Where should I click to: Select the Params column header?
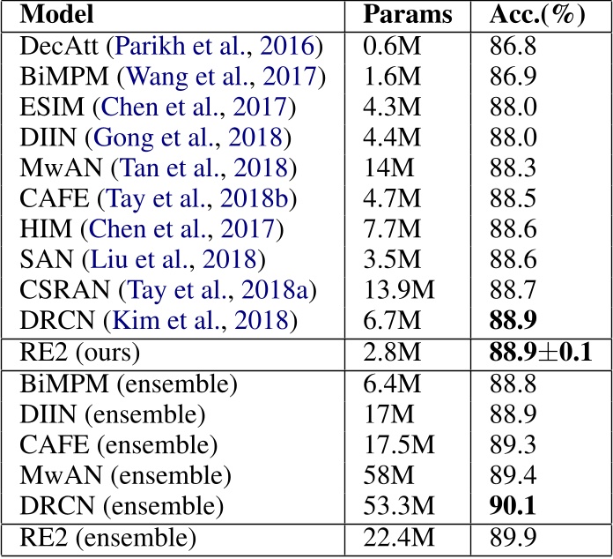(x=408, y=16)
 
